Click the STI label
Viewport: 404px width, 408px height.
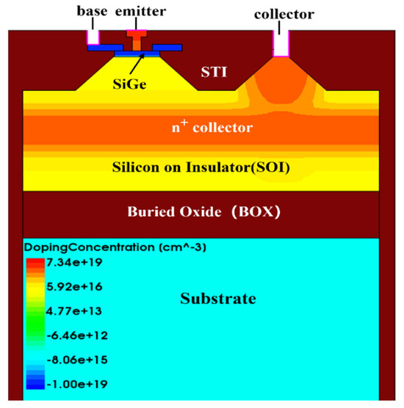pyautogui.click(x=214, y=72)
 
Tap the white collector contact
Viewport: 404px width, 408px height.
pyautogui.click(x=281, y=42)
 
